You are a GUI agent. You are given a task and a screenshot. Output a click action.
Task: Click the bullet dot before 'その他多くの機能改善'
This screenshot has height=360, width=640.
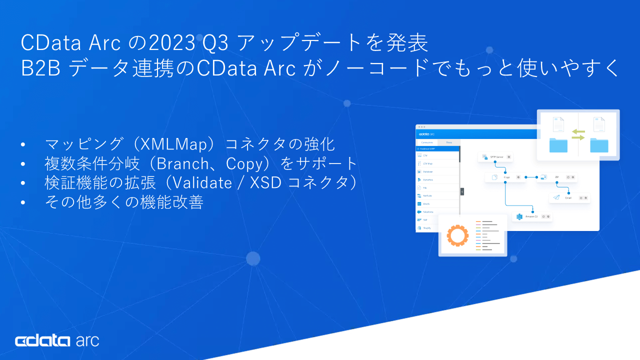click(x=23, y=202)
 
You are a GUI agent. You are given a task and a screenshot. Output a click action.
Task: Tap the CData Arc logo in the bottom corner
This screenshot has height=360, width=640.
click(x=57, y=341)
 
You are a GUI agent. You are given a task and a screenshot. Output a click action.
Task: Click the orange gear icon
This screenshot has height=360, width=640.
click(x=456, y=235)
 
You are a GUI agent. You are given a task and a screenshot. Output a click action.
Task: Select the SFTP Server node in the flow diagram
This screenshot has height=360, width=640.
click(x=495, y=156)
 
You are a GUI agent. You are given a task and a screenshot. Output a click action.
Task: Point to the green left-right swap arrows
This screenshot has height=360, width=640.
click(x=578, y=134)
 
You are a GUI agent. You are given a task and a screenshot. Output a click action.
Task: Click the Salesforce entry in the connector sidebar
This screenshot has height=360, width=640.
click(x=427, y=212)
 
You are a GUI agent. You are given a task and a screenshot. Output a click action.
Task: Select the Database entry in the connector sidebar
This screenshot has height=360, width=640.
click(x=428, y=171)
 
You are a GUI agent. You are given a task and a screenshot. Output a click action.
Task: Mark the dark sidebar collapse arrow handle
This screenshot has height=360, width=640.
click(x=462, y=191)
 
